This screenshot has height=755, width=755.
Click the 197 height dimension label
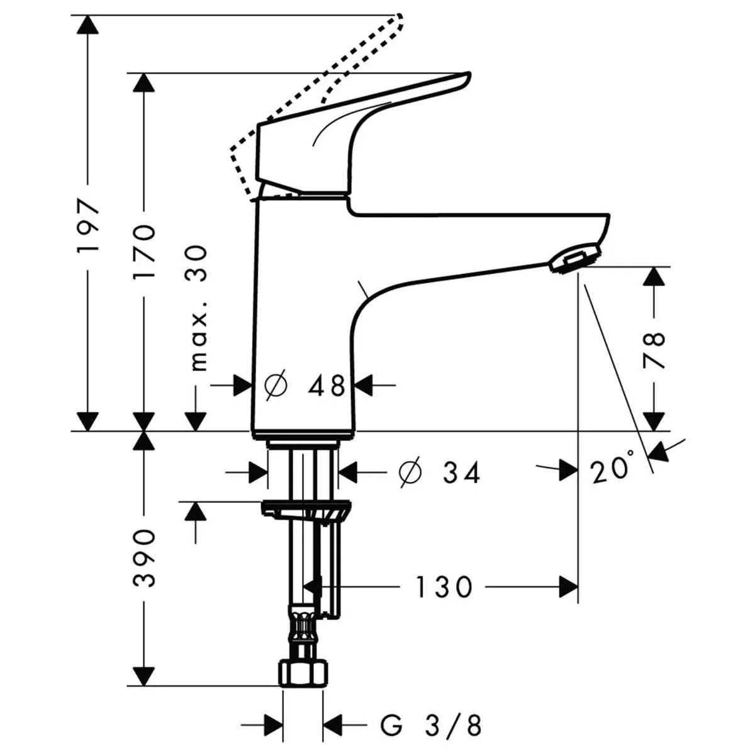pyautogui.click(x=89, y=226)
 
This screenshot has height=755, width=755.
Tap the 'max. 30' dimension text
pyautogui.click(x=198, y=308)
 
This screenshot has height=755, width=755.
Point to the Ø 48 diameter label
pyautogui.click(x=306, y=386)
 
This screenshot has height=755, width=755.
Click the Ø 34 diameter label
pyautogui.click(x=440, y=473)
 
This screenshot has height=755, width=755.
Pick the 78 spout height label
pyautogui.click(x=654, y=349)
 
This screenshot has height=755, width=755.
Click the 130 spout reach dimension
pyautogui.click(x=444, y=588)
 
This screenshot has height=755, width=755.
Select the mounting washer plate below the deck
pyautogui.click(x=306, y=508)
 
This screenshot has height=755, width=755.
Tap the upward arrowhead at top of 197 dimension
pyautogui.click(x=89, y=25)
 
